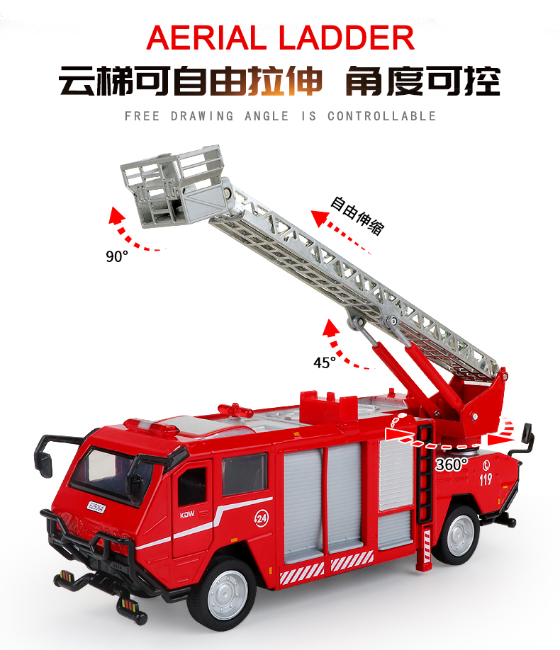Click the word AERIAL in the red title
pos(206,38)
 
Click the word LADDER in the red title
pos(347,38)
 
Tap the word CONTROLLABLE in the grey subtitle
pos(382,116)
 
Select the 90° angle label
pos(117,256)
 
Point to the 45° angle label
pos(324,363)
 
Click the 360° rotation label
pos(452,464)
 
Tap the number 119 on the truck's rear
pos(486,479)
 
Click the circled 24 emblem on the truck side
pos(262,518)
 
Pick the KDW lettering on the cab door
pos(187,515)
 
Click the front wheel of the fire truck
pos(225,593)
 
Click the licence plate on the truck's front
pos(96,507)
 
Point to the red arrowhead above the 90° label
pos(116,215)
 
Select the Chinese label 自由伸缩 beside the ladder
pos(357,216)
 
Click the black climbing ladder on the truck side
pos(425,472)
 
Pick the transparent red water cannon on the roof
pos(235,410)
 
